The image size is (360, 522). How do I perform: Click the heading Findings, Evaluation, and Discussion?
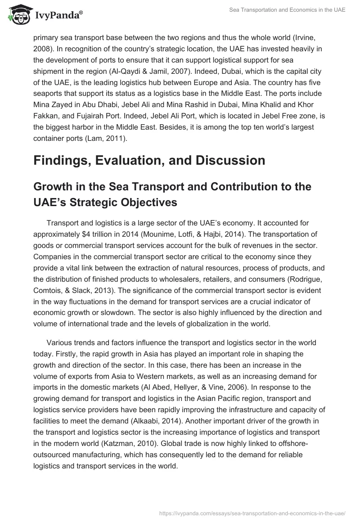pos(149,161)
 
